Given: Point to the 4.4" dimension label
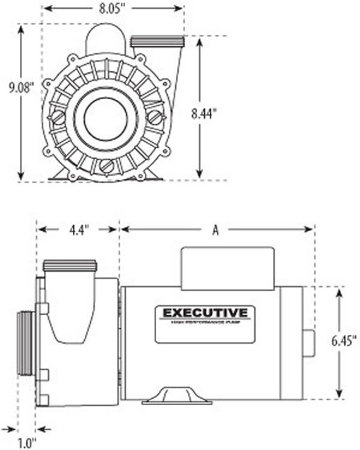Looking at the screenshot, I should [x=78, y=230].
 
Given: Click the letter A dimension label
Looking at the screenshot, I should [x=216, y=230].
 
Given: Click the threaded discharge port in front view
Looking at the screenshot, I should [x=157, y=41].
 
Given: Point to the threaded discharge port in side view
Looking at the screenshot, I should [x=70, y=265].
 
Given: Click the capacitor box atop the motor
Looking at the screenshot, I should [x=227, y=269].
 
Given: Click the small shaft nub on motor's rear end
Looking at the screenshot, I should [x=308, y=343].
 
